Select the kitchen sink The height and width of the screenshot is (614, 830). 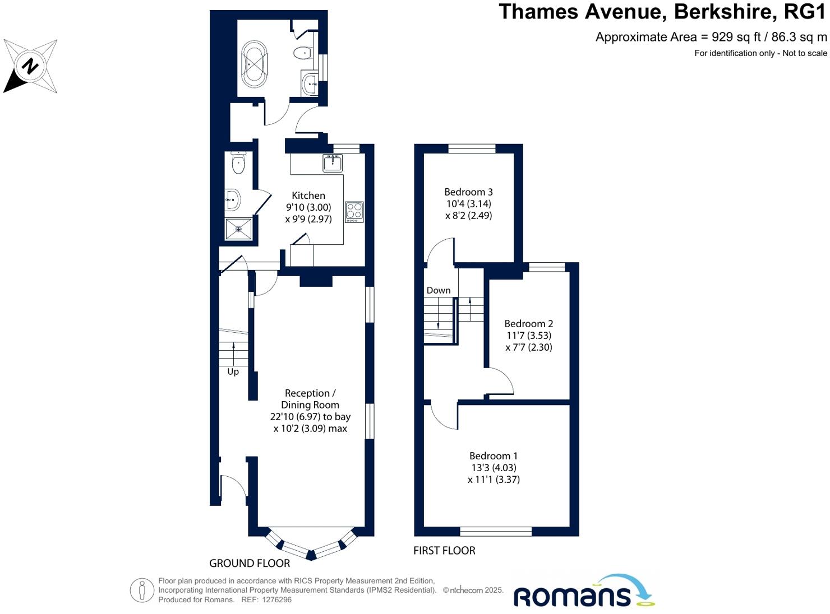coord(333,163)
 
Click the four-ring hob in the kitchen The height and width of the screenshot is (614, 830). coord(354,212)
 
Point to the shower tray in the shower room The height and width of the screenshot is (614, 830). coord(238,229)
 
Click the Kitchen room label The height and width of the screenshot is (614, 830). coord(308,196)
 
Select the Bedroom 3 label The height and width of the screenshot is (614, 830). coord(468,192)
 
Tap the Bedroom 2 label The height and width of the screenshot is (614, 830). coord(528,324)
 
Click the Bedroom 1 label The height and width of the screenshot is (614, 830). coord(494,456)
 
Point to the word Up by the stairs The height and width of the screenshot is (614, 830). coord(233,371)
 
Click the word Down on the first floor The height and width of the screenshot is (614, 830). coord(439,290)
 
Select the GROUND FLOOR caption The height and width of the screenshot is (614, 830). coord(250,563)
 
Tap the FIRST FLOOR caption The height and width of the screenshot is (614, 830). coord(444,551)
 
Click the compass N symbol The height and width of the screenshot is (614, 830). coord(30,67)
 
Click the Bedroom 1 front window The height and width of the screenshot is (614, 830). coord(496,531)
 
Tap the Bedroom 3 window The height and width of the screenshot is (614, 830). coord(472,148)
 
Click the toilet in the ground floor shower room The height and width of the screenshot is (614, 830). coord(238,163)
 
